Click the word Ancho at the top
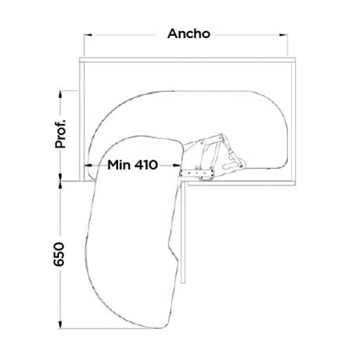(188, 34)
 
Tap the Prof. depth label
(60, 134)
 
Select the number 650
(58, 255)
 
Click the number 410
(146, 165)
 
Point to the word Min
(119, 165)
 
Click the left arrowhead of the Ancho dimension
(88, 35)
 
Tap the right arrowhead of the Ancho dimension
(283, 35)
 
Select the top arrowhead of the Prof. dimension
(60, 94)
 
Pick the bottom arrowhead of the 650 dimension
(60, 325)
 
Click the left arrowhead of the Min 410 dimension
(88, 165)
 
